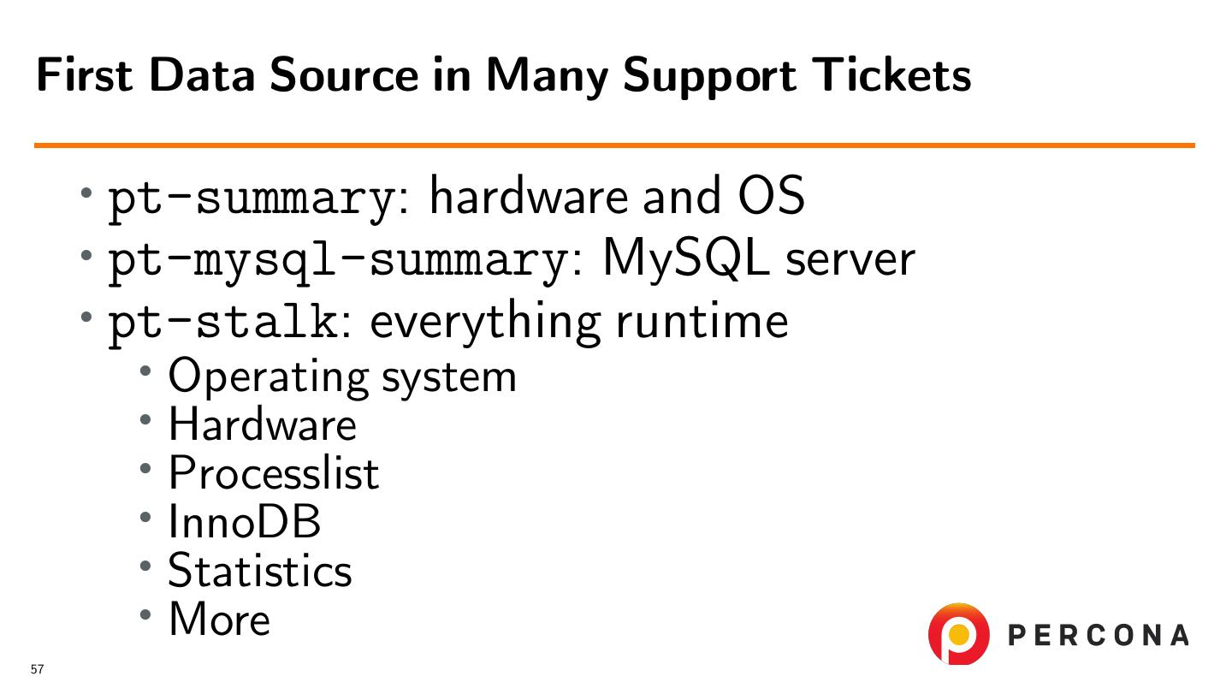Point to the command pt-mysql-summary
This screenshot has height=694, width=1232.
(x=336, y=260)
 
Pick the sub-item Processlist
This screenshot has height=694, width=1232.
(x=274, y=472)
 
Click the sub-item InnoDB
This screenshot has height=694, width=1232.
(x=245, y=521)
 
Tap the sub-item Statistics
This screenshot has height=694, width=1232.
(x=260, y=570)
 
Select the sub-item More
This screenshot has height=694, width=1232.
(x=219, y=619)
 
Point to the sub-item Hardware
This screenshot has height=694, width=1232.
(x=262, y=424)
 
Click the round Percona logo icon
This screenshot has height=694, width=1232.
(x=958, y=634)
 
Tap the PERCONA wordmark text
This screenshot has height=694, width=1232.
(x=1099, y=635)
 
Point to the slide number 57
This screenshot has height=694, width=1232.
(x=37, y=670)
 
